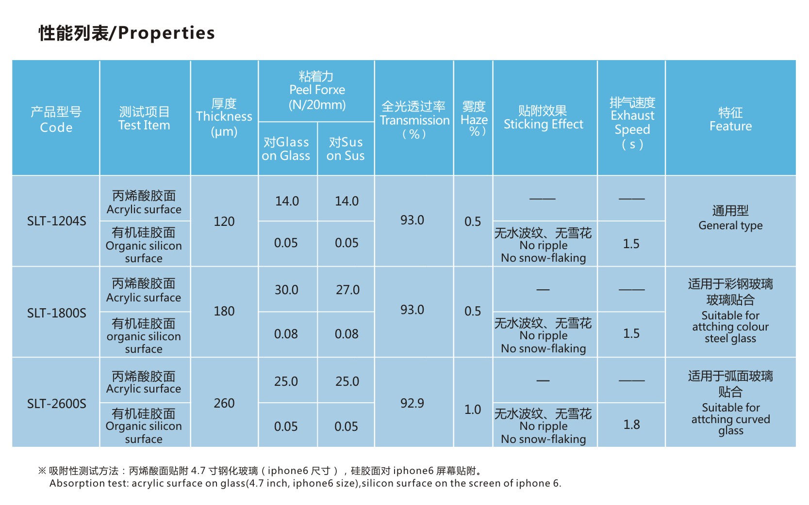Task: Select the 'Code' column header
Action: point(56,119)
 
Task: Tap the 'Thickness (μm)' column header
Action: point(224,117)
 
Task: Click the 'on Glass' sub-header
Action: point(286,149)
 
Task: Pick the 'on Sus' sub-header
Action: point(346,149)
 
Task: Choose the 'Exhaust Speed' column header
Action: point(632,123)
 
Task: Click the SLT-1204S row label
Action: point(56,221)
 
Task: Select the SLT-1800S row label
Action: point(56,313)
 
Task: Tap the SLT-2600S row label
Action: point(56,403)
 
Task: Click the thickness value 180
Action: point(224,311)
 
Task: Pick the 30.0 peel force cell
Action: point(286,290)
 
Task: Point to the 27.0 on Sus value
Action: point(347,290)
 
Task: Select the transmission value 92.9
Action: point(412,403)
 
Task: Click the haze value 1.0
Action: point(473,410)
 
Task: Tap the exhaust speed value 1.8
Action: point(631,425)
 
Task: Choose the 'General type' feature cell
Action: point(730,218)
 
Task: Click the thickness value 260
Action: point(224,403)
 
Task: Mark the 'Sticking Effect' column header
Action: point(543,118)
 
